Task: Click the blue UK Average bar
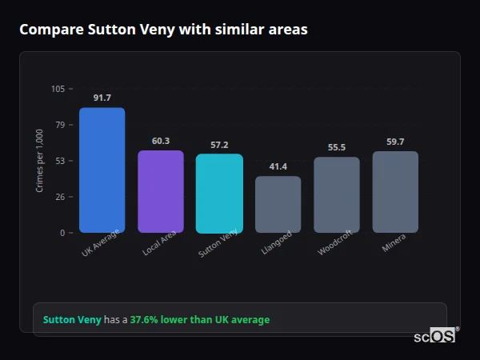pyautogui.click(x=102, y=170)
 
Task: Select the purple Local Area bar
pyautogui.click(x=160, y=192)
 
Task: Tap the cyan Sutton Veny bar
pyautogui.click(x=219, y=194)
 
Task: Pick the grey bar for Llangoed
pyautogui.click(x=278, y=205)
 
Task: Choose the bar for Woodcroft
pyautogui.click(x=336, y=195)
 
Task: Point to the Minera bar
pyautogui.click(x=395, y=192)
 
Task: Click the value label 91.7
pyautogui.click(x=102, y=98)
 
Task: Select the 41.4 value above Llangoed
pyautogui.click(x=278, y=166)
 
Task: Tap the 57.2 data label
pyautogui.click(x=219, y=145)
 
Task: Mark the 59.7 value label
pyautogui.click(x=395, y=142)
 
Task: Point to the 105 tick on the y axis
pyautogui.click(x=58, y=89)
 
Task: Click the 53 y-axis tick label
pyautogui.click(x=59, y=161)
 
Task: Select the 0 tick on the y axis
pyautogui.click(x=62, y=233)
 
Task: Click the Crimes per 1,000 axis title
pyautogui.click(x=40, y=161)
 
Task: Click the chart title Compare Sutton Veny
pyautogui.click(x=163, y=29)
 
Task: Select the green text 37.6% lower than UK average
pyautogui.click(x=200, y=320)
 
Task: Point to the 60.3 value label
pyautogui.click(x=160, y=141)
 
